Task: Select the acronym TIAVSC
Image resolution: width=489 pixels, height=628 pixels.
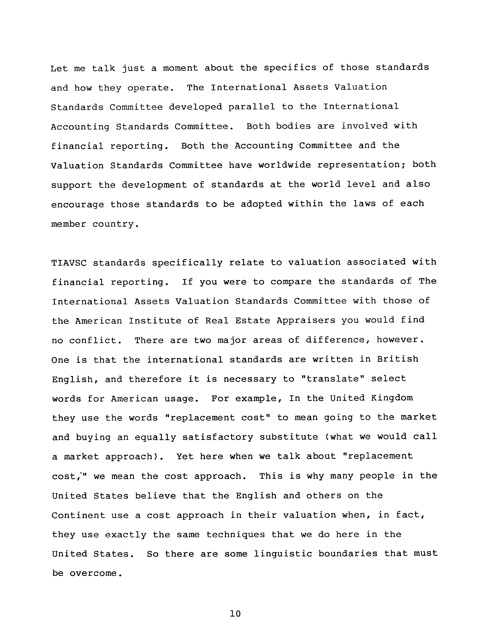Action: coord(69,263)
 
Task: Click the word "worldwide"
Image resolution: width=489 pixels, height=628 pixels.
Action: coord(285,165)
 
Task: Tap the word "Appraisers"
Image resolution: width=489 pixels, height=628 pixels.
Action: coord(306,321)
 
